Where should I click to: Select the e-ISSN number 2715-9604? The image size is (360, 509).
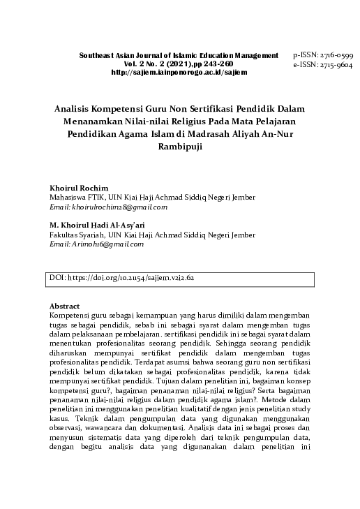pos(338,64)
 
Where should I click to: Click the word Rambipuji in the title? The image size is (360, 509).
pos(180,148)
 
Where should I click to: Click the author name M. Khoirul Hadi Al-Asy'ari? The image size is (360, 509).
pos(96,226)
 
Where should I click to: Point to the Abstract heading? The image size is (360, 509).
pos(65,307)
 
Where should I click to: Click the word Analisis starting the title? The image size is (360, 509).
pos(77,110)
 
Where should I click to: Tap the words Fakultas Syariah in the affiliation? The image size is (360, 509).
pos(75,235)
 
